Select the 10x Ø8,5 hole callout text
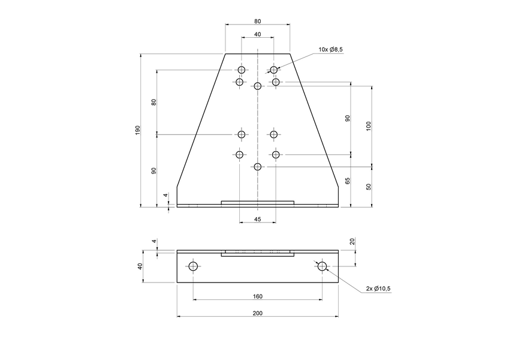(330, 50)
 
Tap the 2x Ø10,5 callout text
(378, 289)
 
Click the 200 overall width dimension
(257, 313)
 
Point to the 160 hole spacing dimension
(257, 296)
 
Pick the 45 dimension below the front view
(257, 220)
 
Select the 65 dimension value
(347, 181)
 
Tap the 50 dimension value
(369, 187)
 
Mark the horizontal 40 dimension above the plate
(257, 34)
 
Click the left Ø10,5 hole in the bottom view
(193, 266)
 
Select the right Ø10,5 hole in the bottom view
(322, 266)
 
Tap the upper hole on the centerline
(257, 86)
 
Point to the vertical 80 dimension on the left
(154, 101)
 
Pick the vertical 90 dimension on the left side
(154, 170)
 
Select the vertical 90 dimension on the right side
(347, 118)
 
